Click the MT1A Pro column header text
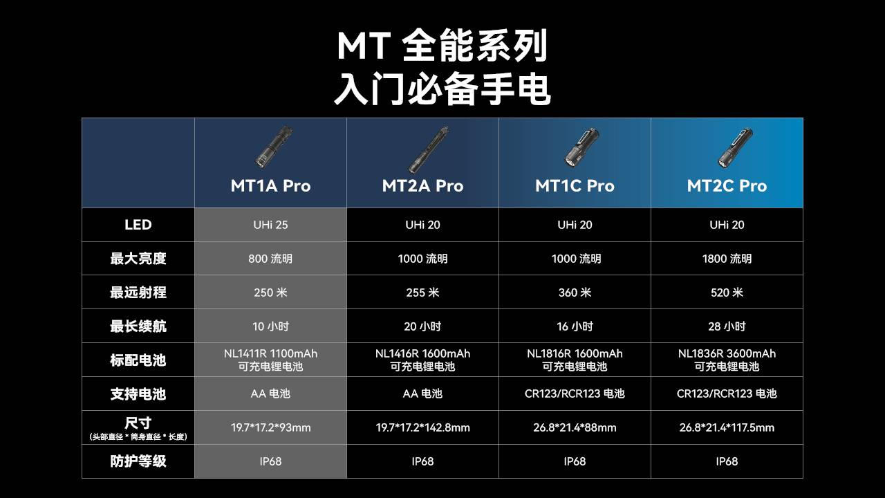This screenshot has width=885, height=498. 270,186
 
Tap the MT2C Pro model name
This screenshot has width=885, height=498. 727,186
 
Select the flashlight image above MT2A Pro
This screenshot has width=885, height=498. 428,150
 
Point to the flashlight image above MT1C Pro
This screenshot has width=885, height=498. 581,148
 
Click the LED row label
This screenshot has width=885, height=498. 138,225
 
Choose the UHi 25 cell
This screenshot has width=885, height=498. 270,225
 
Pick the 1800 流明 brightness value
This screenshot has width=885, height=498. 727,259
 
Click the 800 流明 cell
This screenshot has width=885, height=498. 270,259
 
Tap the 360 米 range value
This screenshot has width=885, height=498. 575,293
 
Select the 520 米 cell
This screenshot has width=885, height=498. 727,293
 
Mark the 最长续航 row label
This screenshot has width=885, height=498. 138,326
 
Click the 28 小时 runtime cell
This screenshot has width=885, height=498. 727,326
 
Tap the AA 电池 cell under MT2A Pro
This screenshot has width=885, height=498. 422,394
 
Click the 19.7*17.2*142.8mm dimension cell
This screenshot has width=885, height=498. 422,427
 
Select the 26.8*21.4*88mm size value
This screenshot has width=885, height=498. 575,427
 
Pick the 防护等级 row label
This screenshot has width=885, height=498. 138,461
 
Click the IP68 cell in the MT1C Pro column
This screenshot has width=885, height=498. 575,461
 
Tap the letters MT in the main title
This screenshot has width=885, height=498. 364,46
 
